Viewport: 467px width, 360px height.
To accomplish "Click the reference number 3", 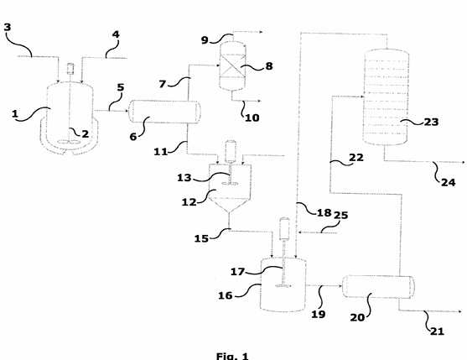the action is pos(8,27).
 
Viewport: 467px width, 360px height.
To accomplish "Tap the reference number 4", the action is pos(116,34).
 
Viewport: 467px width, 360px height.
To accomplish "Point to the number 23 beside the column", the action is pos(431,122).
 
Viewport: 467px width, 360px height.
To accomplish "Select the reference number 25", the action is pos(340,215).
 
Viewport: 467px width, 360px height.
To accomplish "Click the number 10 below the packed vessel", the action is pos(252,117).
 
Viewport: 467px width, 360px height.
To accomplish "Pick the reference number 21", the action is pos(437,331).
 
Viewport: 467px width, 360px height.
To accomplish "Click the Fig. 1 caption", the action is pos(232,356).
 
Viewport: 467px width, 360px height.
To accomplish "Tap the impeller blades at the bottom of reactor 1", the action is pos(69,142).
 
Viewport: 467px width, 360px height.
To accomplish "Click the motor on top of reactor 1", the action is pos(70,68).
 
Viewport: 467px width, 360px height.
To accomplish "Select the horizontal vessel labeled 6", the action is pos(164,112).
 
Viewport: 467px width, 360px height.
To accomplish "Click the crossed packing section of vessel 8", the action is pos(232,65).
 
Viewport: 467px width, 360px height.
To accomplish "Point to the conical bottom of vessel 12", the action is pos(229,205).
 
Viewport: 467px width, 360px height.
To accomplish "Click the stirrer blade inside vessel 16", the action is pos(283,286).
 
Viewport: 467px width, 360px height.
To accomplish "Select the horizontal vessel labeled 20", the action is pos(378,286).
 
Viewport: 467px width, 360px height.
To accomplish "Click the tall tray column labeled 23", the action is pos(386,97).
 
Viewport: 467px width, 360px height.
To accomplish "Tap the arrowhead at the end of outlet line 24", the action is pos(463,163).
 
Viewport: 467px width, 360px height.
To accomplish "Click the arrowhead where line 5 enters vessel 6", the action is pos(127,111).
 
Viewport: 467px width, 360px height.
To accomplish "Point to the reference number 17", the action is pos(237,272).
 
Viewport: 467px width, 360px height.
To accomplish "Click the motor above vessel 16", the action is pos(284,228).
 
